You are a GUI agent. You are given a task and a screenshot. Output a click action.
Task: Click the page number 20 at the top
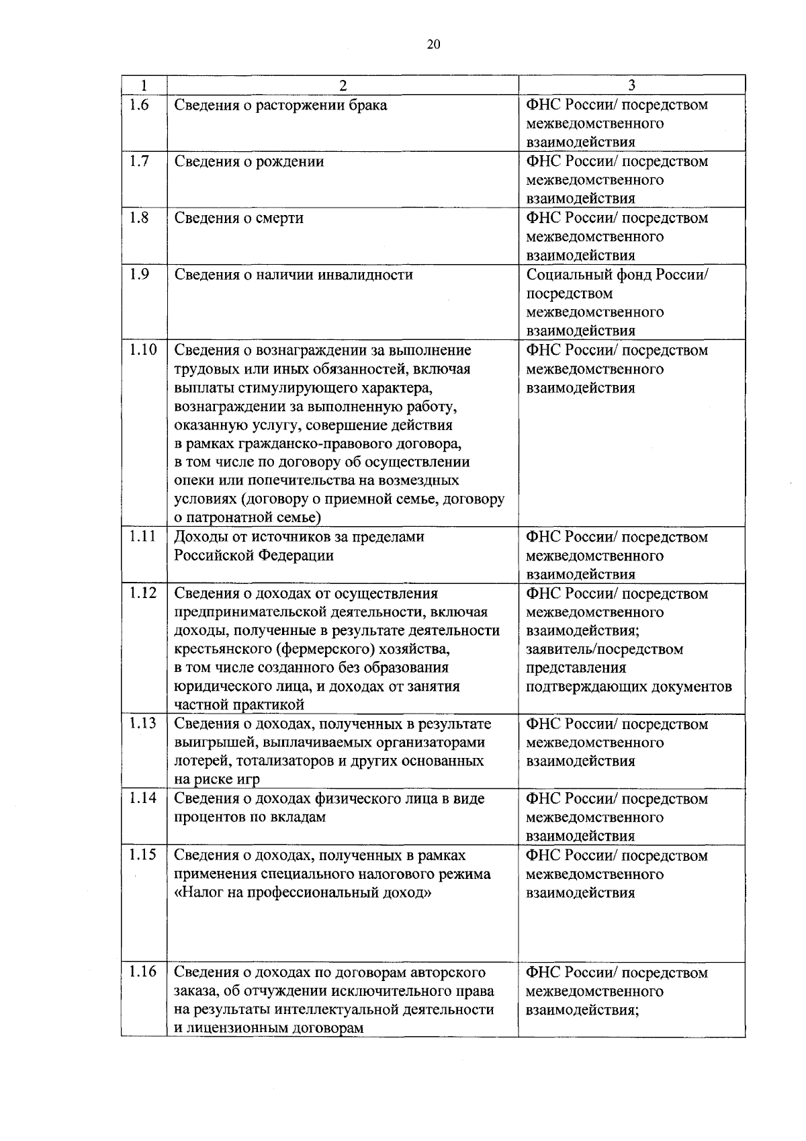click(433, 45)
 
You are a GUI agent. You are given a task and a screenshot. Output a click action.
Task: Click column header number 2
click(343, 85)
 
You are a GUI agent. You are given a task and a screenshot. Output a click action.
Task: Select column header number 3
click(631, 85)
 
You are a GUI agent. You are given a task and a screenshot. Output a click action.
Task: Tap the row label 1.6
click(139, 105)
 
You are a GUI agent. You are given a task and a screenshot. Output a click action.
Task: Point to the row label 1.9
click(139, 274)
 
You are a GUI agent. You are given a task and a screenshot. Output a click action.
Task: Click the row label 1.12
click(142, 593)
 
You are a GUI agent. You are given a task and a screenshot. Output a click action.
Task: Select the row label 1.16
click(142, 972)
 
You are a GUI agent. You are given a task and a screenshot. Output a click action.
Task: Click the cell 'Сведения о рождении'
click(249, 162)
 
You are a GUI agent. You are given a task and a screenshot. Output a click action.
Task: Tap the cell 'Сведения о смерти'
click(239, 218)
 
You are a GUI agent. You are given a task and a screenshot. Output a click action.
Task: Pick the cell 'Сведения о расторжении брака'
click(281, 105)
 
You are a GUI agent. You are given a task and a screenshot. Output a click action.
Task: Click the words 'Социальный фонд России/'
click(617, 275)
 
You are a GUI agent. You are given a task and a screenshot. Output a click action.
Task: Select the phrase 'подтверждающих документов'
click(629, 687)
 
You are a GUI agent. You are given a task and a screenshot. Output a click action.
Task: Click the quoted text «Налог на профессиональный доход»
click(302, 893)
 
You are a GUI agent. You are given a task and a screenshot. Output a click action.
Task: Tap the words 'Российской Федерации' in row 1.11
click(254, 556)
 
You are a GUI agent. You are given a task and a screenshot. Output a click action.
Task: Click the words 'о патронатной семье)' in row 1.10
click(248, 518)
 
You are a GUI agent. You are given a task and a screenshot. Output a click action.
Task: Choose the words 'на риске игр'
click(217, 779)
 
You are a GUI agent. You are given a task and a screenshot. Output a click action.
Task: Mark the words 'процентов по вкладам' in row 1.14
click(250, 818)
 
